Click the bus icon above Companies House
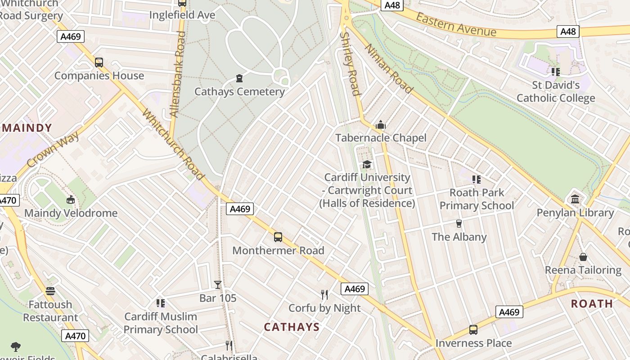click(99, 63)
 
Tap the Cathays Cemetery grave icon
click(239, 78)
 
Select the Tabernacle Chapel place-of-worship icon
click(381, 125)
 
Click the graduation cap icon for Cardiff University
click(367, 164)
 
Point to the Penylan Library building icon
click(575, 199)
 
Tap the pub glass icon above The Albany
click(459, 224)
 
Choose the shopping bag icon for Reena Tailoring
click(583, 257)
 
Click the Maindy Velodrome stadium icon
click(71, 199)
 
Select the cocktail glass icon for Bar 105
click(218, 284)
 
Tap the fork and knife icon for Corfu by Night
click(324, 295)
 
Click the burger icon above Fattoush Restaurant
click(50, 291)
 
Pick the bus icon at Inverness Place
click(473, 330)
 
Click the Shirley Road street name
click(351, 63)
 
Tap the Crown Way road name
click(53, 149)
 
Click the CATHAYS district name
click(292, 327)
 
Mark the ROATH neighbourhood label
click(592, 304)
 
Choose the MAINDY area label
click(27, 128)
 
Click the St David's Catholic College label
click(556, 91)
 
